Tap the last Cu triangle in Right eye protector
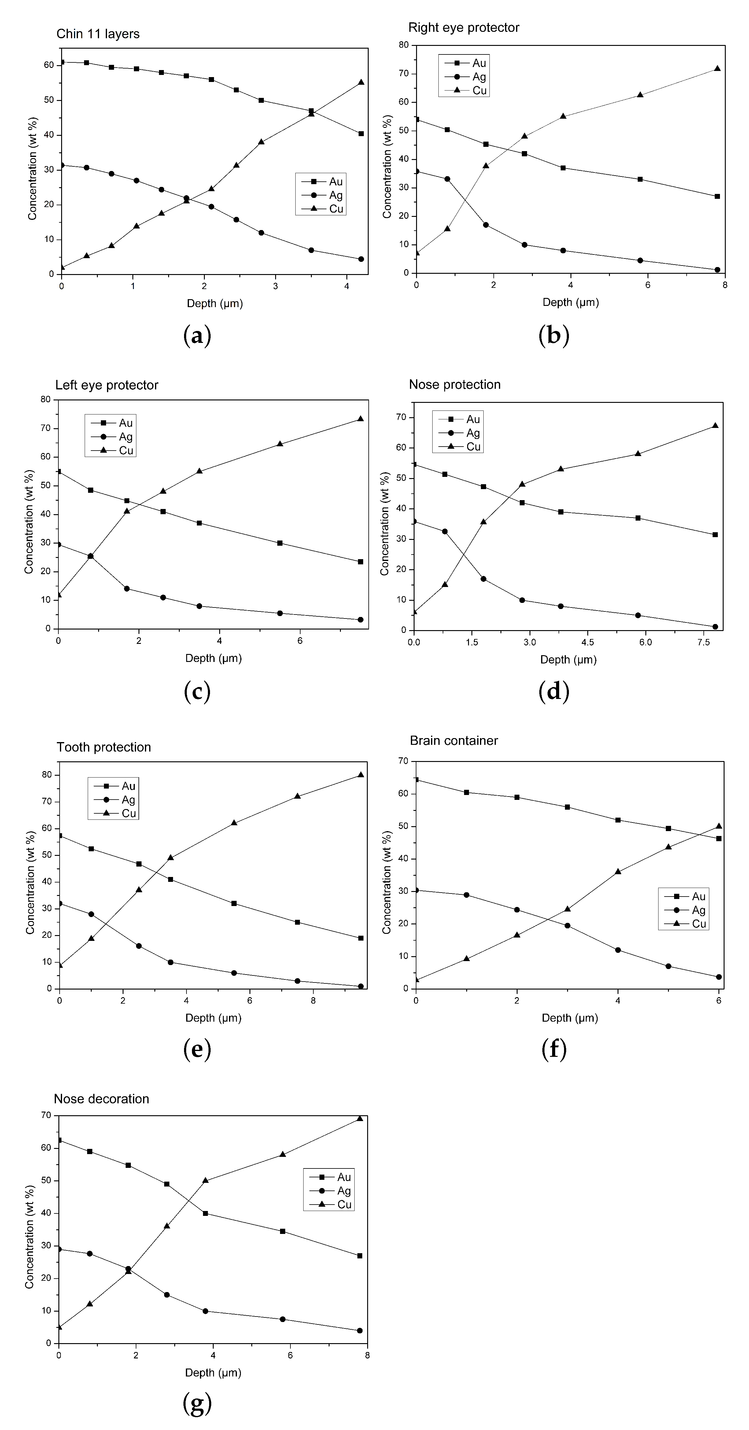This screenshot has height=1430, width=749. point(718,69)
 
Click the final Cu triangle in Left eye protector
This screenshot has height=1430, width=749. point(361,418)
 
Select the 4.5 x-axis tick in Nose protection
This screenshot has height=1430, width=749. point(588,642)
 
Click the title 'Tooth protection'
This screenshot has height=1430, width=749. point(104,747)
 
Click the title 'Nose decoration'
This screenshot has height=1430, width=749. point(101,1099)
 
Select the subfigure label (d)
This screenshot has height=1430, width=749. point(554,691)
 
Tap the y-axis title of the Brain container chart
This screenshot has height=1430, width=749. point(387,874)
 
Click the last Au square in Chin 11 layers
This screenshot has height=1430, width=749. point(361,134)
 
